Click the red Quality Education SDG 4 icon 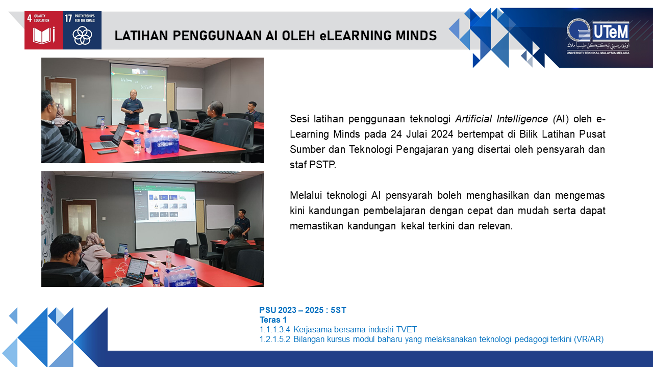43,30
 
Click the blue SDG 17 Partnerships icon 82,30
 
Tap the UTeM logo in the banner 598,37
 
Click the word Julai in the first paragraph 417,134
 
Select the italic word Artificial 473,119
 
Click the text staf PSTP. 313,165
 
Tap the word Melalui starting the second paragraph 306,195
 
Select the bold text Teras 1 273,320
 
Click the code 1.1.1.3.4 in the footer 274,329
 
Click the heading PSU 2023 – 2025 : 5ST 303,310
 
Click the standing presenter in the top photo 132,107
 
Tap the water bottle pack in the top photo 162,141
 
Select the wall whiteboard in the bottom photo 220,217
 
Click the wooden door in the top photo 61,99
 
